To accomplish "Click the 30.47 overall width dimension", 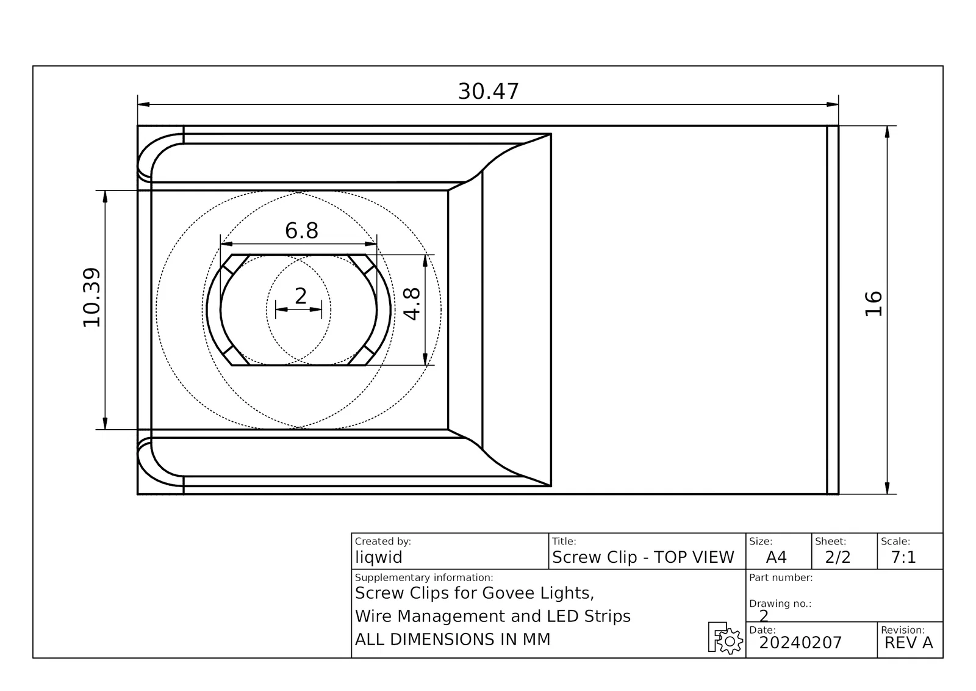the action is [488, 92].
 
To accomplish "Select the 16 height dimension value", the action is [873, 304].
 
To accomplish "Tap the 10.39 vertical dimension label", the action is [92, 297].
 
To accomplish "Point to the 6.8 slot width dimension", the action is [301, 230].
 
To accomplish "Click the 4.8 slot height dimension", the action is [412, 304].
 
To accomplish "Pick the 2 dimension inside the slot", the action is [301, 297].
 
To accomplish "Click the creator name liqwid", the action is [379, 557].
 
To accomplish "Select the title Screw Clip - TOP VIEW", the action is [643, 557].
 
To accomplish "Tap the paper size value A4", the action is [776, 557].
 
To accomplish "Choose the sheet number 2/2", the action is [838, 557].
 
